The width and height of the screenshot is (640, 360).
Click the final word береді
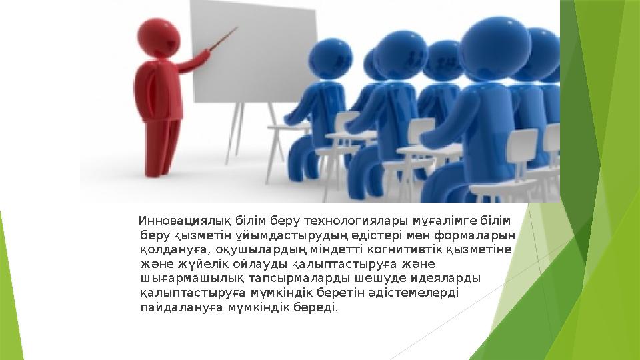tap(317, 308)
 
